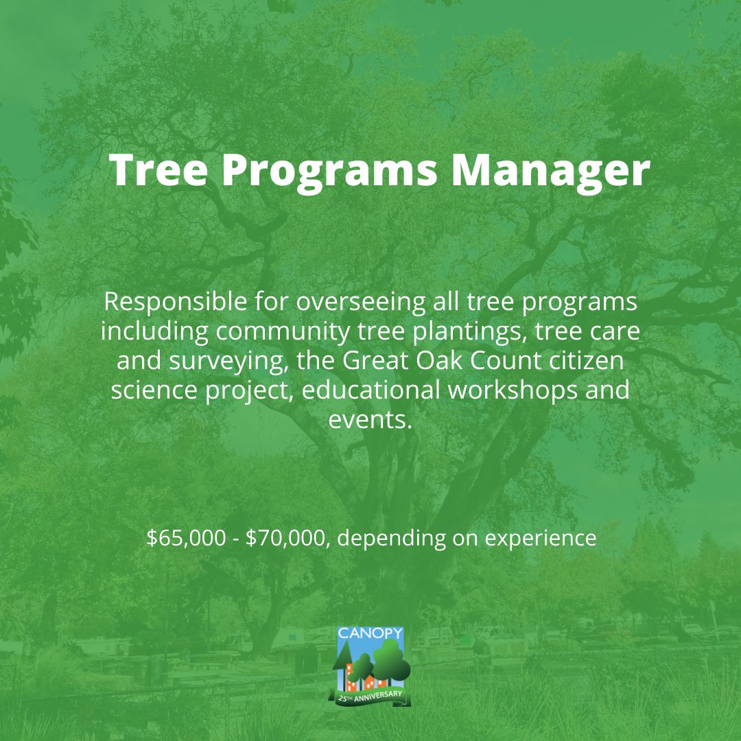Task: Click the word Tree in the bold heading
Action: click(x=158, y=169)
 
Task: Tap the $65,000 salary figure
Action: click(x=186, y=539)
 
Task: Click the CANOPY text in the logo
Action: click(x=370, y=633)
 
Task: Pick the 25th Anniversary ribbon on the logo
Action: click(x=370, y=697)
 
